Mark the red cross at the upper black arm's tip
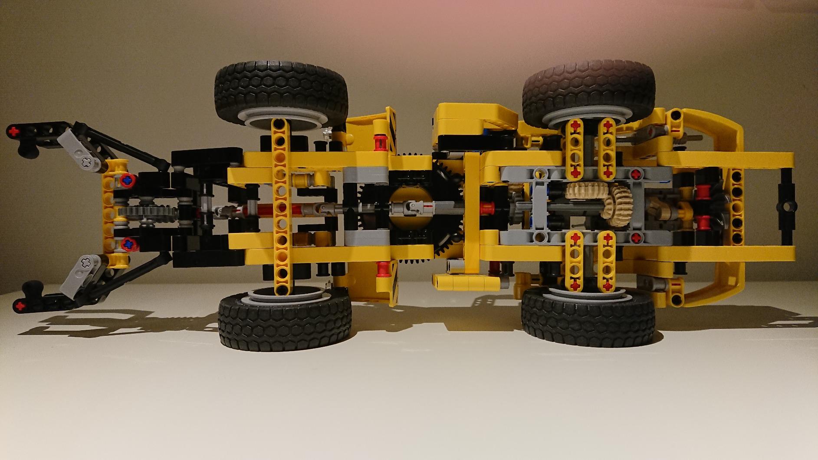tap(16, 130)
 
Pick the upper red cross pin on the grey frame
tap(636, 174)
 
